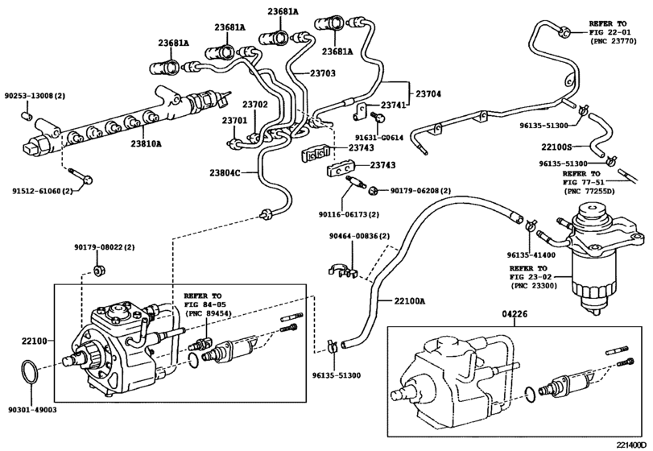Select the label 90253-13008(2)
[x=38, y=95]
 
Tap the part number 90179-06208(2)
[x=420, y=191]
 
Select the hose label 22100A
[x=410, y=301]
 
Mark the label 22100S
[x=556, y=147]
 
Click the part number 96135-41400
[x=532, y=254]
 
